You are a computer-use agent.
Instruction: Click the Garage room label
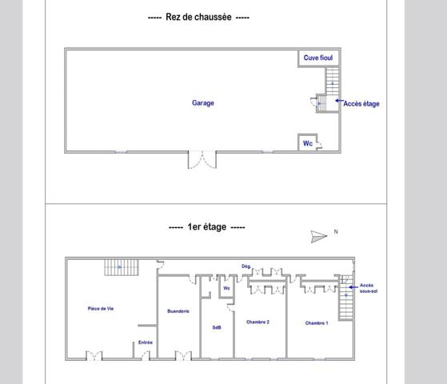(203, 102)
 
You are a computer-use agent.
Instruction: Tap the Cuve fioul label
(317, 58)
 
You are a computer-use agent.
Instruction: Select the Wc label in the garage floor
(307, 144)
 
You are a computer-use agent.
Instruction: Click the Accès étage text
(361, 103)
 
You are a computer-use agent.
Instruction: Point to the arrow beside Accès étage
(338, 102)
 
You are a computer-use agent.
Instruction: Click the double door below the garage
(202, 159)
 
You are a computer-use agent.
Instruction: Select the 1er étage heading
(207, 227)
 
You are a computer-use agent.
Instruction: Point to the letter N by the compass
(336, 232)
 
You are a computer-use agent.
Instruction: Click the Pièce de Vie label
(101, 309)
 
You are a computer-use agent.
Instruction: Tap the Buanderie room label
(178, 311)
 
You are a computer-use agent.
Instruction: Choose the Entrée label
(145, 342)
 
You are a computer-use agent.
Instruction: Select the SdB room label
(217, 327)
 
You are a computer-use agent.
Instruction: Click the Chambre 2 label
(257, 322)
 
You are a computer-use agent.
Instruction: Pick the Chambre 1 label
(317, 322)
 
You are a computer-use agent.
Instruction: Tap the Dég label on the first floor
(246, 266)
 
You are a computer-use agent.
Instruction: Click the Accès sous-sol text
(367, 288)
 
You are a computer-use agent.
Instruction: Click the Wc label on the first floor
(227, 288)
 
